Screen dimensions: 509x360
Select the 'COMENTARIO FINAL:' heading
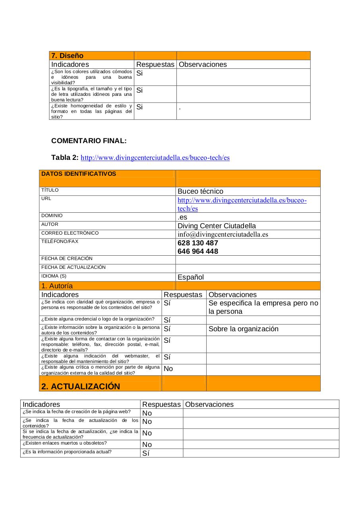[89, 141]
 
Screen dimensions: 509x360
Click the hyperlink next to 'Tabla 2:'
[155, 158]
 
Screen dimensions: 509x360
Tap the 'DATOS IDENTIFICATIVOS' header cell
[79, 174]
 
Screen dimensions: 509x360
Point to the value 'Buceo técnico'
[200, 191]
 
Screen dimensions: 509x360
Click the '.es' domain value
[182, 217]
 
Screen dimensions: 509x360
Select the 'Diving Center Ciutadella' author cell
[217, 226]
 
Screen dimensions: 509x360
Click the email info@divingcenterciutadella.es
[223, 234]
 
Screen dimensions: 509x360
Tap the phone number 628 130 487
[197, 243]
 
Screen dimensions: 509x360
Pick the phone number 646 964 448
[197, 251]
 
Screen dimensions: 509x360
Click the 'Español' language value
[190, 277]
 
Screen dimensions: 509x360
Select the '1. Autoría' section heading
[57, 286]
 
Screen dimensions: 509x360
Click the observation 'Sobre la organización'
[243, 329]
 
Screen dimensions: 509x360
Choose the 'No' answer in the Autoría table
[168, 369]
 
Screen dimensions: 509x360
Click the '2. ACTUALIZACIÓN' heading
[80, 387]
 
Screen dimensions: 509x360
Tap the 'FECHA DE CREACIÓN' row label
[67, 258]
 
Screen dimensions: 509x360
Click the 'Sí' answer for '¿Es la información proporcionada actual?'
[145, 453]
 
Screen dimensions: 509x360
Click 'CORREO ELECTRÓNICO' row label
[70, 233]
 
